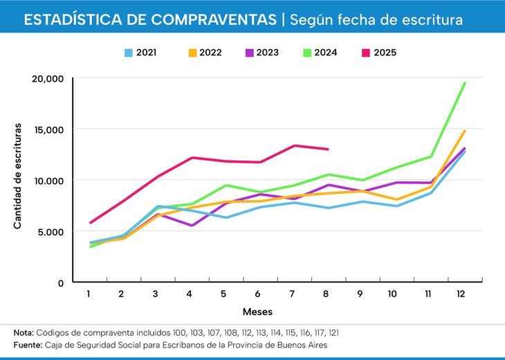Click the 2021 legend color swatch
coord(129,52)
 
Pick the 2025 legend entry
coord(384,52)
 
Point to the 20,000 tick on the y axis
coord(48,78)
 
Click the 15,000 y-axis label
coord(48,129)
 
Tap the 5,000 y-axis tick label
coord(50,231)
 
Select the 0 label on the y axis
coord(61,282)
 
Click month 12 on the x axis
coord(461,294)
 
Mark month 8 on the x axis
coord(326,294)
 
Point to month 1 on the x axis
coord(89,294)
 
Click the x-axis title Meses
coord(257,312)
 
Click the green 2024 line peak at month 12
coord(464,83)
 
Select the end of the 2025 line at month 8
coord(328,149)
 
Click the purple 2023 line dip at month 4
coord(192,225)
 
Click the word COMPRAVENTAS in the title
coord(208,20)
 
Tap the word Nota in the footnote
coord(24,333)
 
